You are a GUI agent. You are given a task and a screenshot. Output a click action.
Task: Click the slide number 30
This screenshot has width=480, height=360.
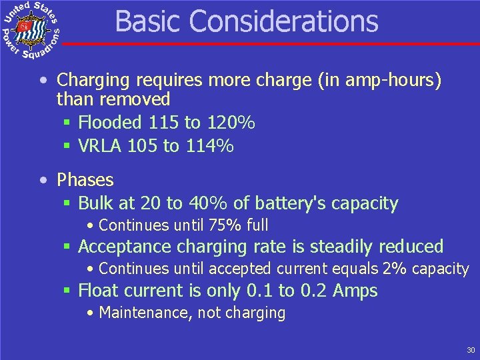[471, 350]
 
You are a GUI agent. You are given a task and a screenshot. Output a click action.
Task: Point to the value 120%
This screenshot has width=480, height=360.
[229, 123]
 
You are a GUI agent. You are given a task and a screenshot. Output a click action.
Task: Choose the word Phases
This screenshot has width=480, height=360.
[85, 180]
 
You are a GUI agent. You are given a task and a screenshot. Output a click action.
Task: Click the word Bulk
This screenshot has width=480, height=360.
[95, 203]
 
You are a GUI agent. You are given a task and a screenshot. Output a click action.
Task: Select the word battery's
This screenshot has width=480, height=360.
[299, 203]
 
